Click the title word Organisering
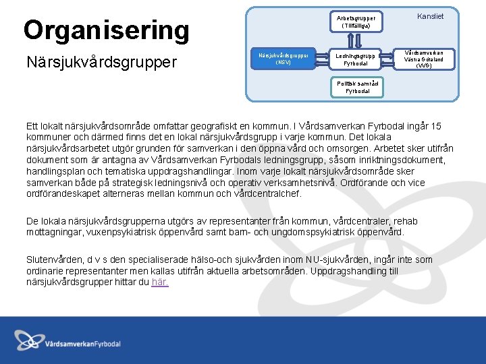point(106,30)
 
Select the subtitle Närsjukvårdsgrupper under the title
point(101,62)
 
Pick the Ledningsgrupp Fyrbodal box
point(356,59)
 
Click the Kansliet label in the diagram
point(430,16)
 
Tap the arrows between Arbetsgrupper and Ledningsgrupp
point(356,40)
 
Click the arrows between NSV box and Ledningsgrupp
point(323,59)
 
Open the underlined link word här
point(160,282)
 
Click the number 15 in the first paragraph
point(435,126)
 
